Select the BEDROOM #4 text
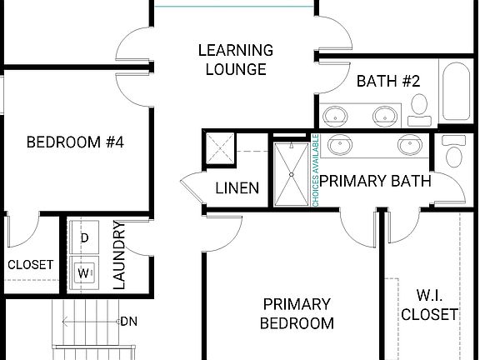point(75,142)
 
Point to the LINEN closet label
point(237,188)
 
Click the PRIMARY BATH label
point(375,181)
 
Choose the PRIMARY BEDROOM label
point(297,313)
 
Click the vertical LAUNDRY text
point(118,255)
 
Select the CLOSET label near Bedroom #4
point(30,265)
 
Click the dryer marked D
point(84,237)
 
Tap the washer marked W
point(84,272)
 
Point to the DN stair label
point(128,321)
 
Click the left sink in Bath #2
point(337,115)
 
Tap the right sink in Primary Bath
point(410,146)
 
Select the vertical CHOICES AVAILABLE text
point(316,171)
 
